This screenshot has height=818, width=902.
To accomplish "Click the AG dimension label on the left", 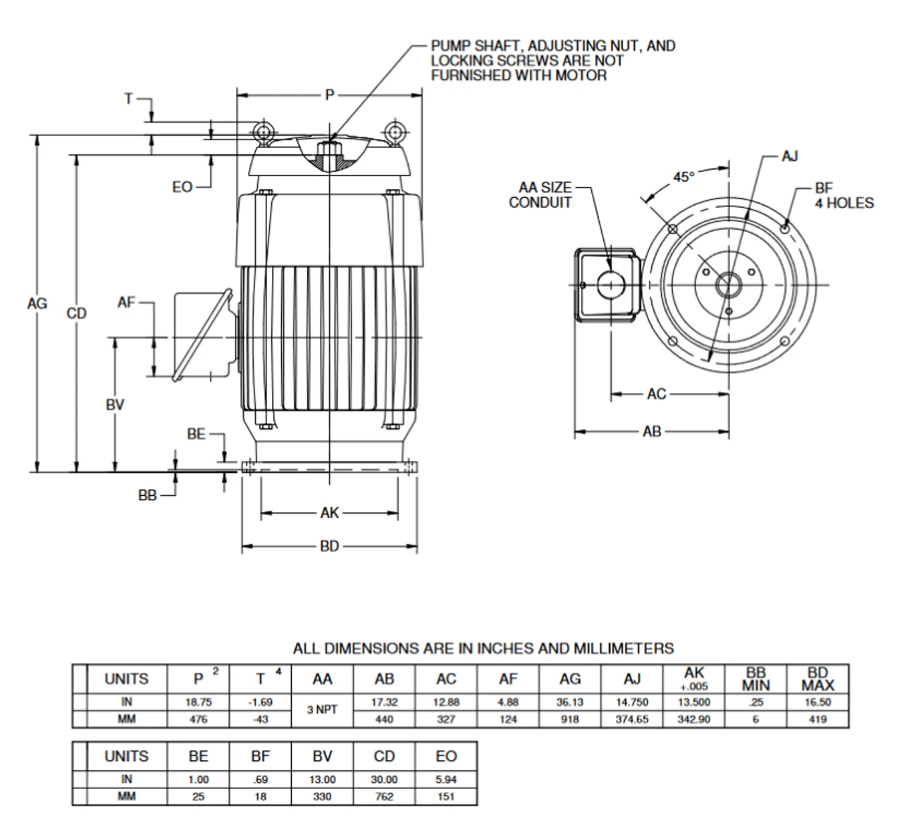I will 37,304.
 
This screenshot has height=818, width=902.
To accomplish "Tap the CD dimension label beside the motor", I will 76,314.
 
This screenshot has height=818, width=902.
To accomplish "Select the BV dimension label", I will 115,404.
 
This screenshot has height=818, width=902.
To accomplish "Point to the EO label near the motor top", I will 182,187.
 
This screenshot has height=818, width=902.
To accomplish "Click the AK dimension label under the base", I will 329,513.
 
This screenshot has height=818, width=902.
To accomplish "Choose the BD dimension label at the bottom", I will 329,546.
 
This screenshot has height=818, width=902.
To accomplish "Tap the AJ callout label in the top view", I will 790,156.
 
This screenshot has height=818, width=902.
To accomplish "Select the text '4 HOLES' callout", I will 844,204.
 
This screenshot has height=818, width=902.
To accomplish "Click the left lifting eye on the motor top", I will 264,131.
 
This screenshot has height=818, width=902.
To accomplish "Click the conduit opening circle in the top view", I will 611,285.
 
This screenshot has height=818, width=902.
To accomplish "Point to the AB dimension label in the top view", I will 652,431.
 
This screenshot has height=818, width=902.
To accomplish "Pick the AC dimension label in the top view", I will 656,394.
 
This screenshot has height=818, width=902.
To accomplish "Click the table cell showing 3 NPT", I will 322,710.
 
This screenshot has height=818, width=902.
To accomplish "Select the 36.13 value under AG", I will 569,702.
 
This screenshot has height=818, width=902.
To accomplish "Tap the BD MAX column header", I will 817,679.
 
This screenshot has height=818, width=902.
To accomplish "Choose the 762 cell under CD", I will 384,797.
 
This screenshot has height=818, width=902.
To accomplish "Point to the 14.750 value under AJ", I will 632,702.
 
